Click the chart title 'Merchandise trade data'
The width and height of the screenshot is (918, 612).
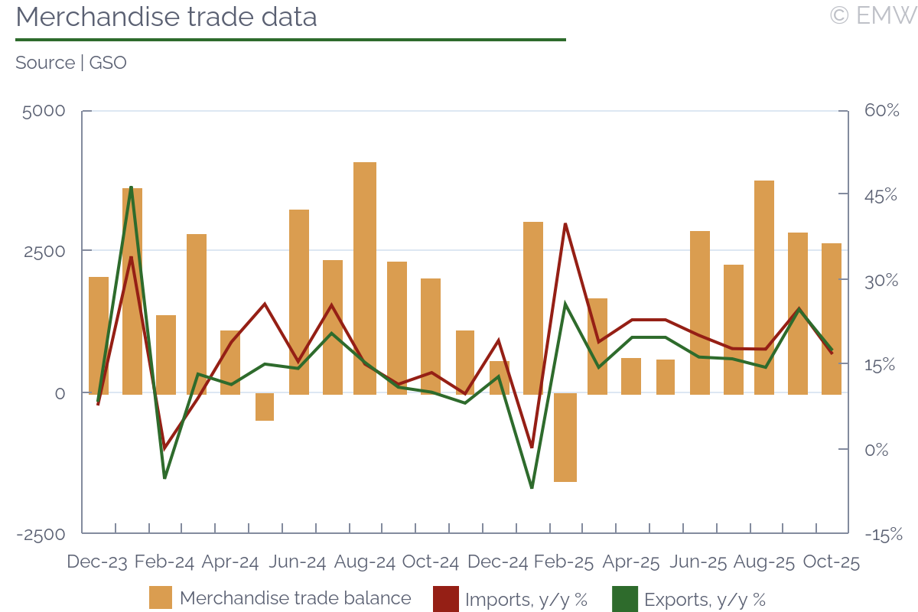click(x=166, y=17)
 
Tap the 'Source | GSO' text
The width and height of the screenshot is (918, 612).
click(x=71, y=63)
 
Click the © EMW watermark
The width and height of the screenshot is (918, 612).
click(x=872, y=15)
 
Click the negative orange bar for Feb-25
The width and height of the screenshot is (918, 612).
click(x=565, y=438)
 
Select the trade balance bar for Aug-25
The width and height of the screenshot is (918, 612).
click(x=764, y=287)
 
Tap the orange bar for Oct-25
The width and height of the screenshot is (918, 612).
click(x=832, y=318)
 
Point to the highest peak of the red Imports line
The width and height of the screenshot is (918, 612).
click(x=565, y=224)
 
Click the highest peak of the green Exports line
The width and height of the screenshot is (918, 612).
click(x=132, y=187)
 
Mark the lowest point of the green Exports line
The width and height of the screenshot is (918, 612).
click(x=532, y=487)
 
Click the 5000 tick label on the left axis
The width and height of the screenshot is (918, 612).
click(x=44, y=111)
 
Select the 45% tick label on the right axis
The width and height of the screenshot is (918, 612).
click(x=881, y=196)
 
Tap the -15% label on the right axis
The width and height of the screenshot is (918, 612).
click(x=884, y=534)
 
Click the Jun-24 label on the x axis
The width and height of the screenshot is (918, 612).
click(x=298, y=562)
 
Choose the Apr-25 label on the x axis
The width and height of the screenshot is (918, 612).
click(x=631, y=562)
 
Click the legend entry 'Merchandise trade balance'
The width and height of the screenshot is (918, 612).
click(x=295, y=598)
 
